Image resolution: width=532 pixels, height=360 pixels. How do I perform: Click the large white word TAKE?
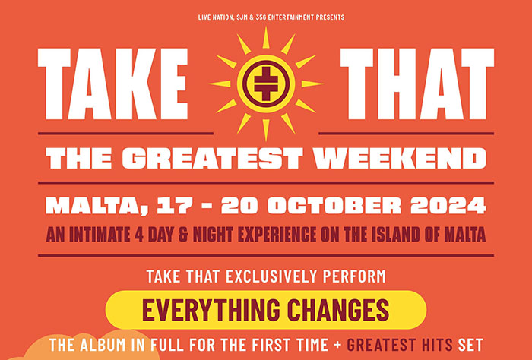(112, 84)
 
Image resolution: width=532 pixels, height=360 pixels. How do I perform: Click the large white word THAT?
(417, 84)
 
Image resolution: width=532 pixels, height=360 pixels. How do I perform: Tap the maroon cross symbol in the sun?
(266, 84)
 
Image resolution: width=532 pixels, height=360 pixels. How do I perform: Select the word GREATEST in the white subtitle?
(212, 158)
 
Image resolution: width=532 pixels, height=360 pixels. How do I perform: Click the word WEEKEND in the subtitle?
(400, 158)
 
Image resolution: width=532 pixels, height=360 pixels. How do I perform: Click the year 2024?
(448, 205)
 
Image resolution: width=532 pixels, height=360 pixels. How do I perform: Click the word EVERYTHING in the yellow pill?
(212, 310)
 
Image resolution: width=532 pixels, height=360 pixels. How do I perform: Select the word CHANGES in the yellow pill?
(338, 310)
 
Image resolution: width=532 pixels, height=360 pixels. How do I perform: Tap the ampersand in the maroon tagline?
(183, 235)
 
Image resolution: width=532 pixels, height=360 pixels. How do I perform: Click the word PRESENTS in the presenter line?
(330, 17)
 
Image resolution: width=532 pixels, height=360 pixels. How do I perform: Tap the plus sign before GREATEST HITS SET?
(337, 345)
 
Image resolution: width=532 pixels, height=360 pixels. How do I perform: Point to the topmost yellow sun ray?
(266, 37)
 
